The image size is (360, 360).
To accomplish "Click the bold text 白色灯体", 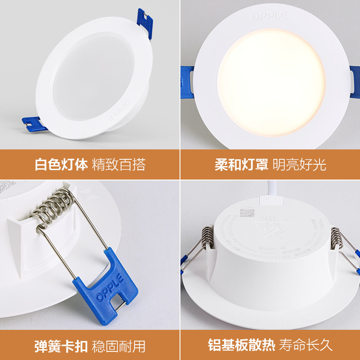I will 61,165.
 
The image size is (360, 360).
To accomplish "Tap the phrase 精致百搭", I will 119,165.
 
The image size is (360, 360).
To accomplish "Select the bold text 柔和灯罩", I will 241,165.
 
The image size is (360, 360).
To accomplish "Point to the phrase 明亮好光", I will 299,165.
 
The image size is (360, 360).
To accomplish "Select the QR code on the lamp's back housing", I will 247,212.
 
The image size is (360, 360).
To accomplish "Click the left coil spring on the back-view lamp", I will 207,238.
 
